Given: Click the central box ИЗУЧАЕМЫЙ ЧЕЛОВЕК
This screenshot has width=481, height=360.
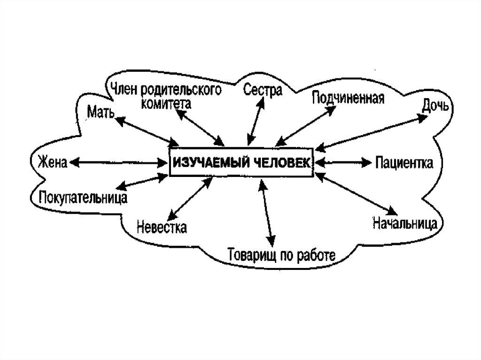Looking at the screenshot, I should coord(241,163).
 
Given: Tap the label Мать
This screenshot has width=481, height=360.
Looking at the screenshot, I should coord(101,113).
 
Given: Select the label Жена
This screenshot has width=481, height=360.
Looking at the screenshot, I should coord(53,162).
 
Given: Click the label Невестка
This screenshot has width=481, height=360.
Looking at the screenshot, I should coord(162,227).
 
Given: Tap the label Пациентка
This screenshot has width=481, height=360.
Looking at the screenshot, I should coord(404,163).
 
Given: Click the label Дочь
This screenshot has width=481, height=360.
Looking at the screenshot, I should coord(435,105).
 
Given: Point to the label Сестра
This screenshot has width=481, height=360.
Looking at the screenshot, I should coord(263,90).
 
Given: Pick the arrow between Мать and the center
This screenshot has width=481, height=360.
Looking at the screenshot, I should coord(147,130).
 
